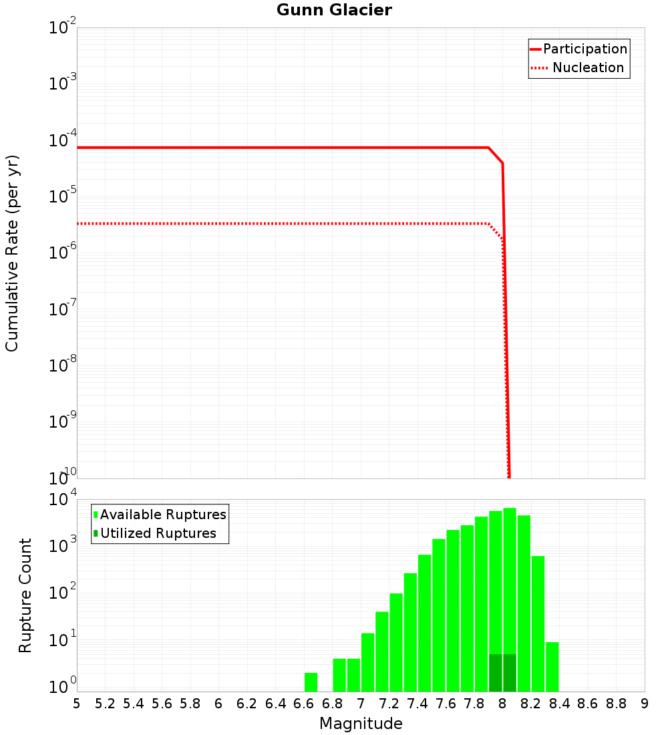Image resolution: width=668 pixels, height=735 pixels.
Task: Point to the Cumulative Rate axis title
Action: pyautogui.click(x=12, y=253)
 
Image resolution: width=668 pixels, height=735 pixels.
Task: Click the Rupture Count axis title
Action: pyautogui.click(x=25, y=595)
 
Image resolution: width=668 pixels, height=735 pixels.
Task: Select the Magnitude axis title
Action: pyautogui.click(x=361, y=724)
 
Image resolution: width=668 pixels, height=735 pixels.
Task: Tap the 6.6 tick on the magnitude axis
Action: pyautogui.click(x=304, y=704)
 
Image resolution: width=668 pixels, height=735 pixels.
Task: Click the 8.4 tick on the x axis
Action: pyautogui.click(x=559, y=704)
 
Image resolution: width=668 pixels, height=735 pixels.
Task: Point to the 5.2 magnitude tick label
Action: pyautogui.click(x=106, y=704)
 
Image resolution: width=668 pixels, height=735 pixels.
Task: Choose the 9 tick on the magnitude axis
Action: pyautogui.click(x=644, y=704)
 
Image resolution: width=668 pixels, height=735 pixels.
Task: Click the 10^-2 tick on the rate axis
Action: pyautogui.click(x=63, y=28)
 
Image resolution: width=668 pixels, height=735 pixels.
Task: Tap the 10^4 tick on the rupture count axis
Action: pyautogui.click(x=64, y=500)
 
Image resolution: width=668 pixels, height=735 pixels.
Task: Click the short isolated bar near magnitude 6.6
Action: pyautogui.click(x=311, y=682)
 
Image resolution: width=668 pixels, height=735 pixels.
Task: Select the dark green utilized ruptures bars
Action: pyautogui.click(x=502, y=673)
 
